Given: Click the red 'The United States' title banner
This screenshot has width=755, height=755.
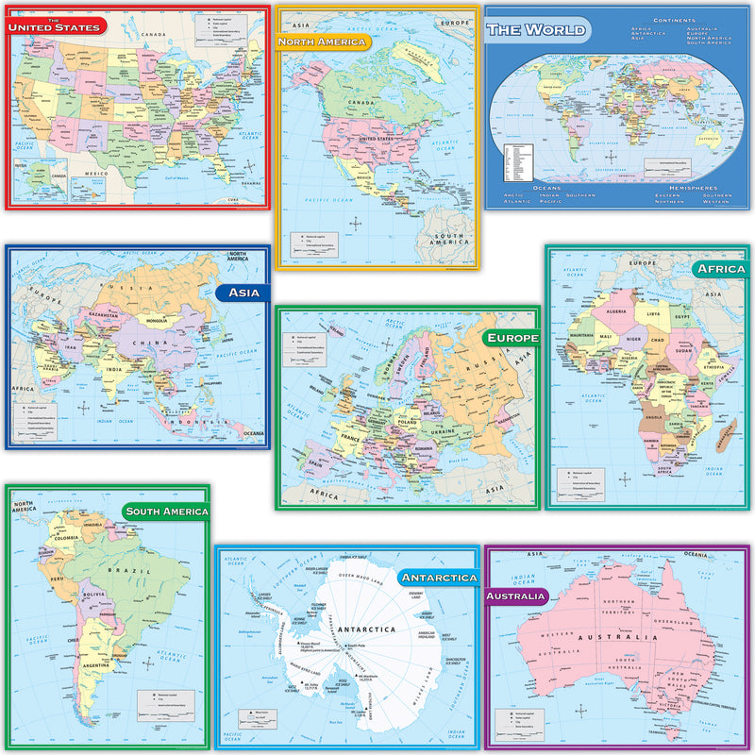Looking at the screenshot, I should coord(54,26).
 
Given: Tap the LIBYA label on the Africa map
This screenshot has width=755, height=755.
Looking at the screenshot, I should coord(652,311).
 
